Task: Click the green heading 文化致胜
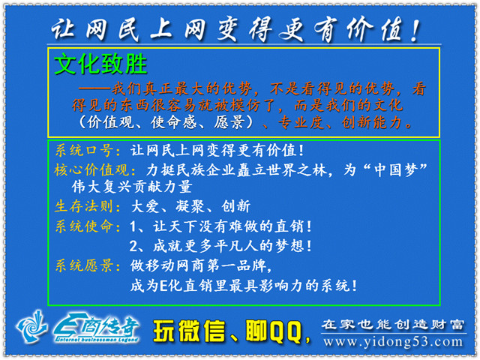100,64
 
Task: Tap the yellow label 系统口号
85,151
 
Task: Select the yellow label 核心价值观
91,170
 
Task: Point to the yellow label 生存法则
84,206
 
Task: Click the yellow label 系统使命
84,226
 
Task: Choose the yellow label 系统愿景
84,265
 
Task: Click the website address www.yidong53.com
393,342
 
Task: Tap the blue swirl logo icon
31,326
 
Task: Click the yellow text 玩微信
189,331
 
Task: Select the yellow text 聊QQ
274,331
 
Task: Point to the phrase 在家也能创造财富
393,325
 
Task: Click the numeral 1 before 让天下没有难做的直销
133,226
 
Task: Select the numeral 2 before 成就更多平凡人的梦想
133,247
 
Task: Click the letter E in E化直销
163,286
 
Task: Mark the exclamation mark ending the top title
415,31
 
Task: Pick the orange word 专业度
301,122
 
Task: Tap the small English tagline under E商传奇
97,340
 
